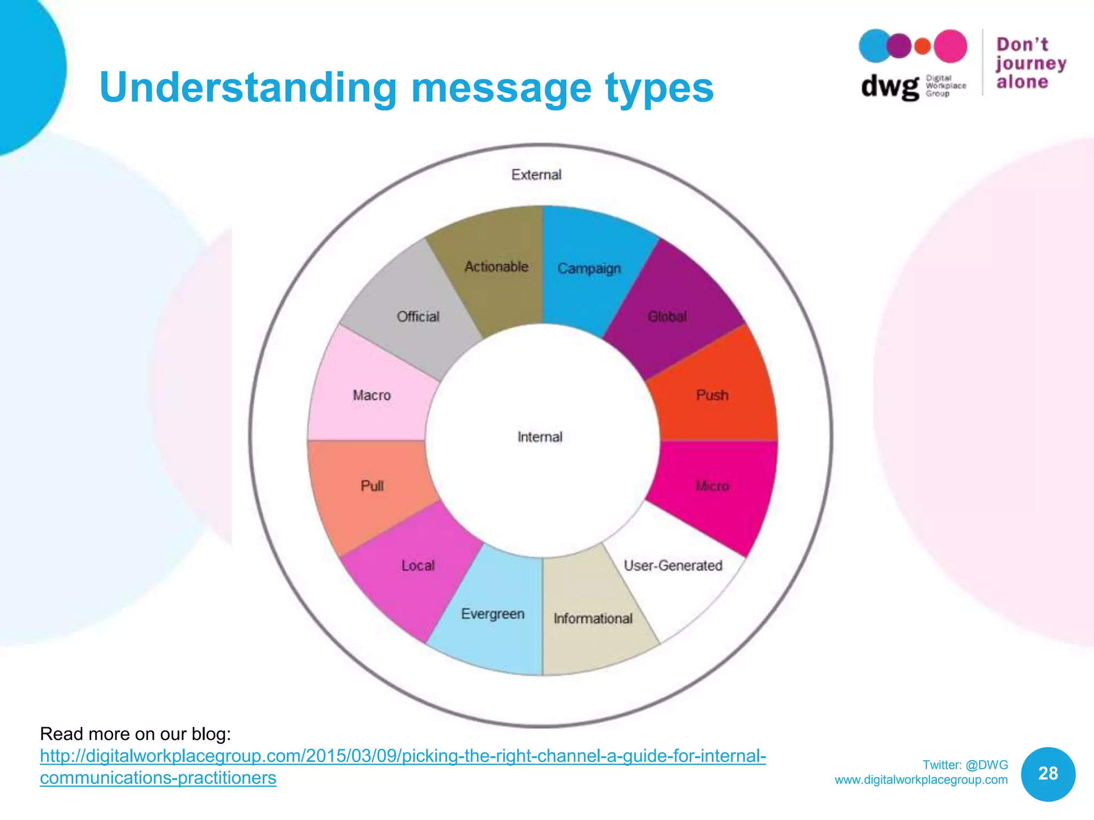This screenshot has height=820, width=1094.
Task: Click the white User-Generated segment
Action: [673, 577]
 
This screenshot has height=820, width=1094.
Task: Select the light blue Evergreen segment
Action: [493, 614]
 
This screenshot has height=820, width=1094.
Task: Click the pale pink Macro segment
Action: [372, 395]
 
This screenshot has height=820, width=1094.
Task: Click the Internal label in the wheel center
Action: [540, 437]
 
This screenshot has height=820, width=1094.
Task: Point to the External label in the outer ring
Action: [536, 175]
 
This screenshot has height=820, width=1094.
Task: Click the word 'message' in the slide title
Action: [501, 88]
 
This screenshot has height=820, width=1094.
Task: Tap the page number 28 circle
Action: [1048, 774]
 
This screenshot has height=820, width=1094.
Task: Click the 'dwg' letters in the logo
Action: [889, 86]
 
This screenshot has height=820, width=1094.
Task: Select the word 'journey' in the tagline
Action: [1031, 64]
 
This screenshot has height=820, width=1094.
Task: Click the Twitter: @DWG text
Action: [965, 764]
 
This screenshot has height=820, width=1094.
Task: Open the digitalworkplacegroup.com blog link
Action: [403, 756]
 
